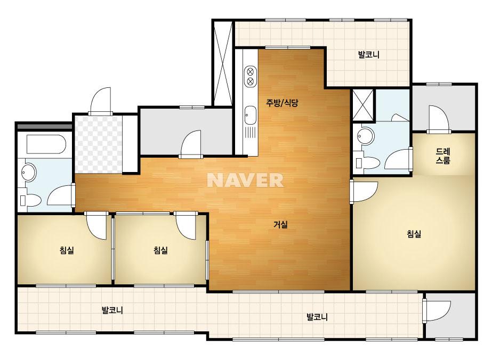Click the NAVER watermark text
coord(245,180)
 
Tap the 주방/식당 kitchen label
coord(282,103)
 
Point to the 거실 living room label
coord(280,225)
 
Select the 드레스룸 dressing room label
coord(443,156)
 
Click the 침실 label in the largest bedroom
coord(414,234)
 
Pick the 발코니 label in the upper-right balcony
coord(369,54)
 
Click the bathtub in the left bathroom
coord(46,144)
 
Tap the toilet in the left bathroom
coord(30,200)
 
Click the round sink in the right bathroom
coord(366,136)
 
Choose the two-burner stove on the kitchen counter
coord(251,76)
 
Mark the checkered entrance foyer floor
coord(98,144)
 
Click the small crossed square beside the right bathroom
coord(363,105)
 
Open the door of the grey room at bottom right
coord(437,310)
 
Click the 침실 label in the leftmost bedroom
coord(67,250)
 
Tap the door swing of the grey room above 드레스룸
coord(439,120)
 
